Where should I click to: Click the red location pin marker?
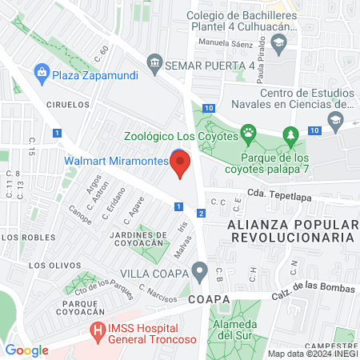point(181,164)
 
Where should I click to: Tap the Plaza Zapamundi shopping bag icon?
point(41,74)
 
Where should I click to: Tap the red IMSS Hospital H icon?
point(97,330)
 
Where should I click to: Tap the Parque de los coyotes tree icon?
point(292,133)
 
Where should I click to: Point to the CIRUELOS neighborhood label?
point(66,104)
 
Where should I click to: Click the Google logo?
point(27,350)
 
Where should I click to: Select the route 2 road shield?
point(201,212)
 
